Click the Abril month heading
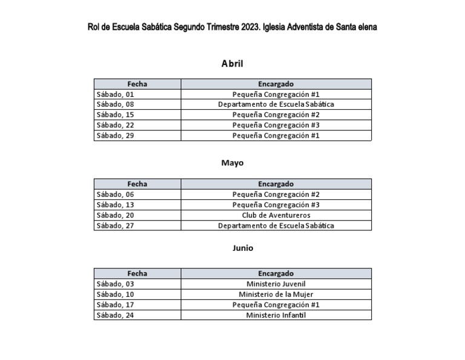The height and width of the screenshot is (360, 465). [x=232, y=63]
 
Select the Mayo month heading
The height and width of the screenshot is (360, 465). [x=232, y=163]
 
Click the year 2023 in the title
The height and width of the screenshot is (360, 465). [x=247, y=27]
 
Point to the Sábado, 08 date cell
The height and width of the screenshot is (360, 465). [x=115, y=105]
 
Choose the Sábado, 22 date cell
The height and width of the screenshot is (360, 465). [x=115, y=125]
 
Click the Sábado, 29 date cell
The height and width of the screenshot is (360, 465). [x=115, y=136]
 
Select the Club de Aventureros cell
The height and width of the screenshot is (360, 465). [x=275, y=215]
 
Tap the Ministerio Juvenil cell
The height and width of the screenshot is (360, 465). [x=275, y=284]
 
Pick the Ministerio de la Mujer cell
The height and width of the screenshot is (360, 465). [x=275, y=295]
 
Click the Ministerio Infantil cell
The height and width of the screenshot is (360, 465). [x=275, y=315]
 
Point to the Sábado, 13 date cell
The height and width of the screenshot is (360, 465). [x=115, y=205]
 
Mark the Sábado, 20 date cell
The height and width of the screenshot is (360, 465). [x=115, y=215]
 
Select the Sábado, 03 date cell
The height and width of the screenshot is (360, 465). [x=115, y=284]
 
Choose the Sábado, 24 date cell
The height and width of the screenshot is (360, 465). [x=115, y=315]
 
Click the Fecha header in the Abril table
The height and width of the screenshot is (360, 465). [x=137, y=84]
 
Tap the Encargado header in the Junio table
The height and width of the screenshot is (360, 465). [x=275, y=274]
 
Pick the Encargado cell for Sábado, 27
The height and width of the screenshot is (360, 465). [x=275, y=225]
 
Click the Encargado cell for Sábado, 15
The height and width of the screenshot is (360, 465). [x=275, y=115]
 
